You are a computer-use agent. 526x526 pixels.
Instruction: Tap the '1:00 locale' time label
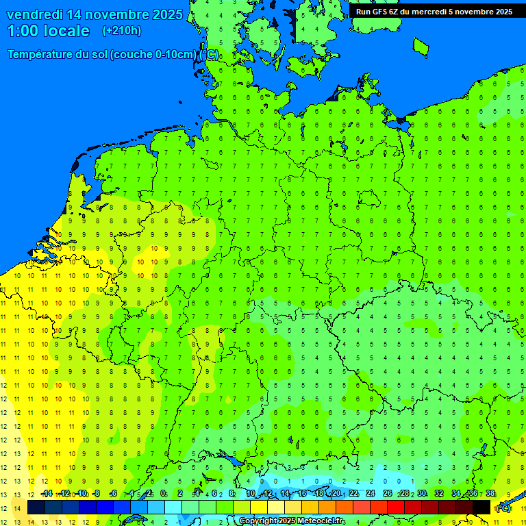[49, 31]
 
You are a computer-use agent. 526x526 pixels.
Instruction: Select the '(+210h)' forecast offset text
[121, 31]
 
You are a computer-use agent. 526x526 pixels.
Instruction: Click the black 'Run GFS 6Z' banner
[434, 11]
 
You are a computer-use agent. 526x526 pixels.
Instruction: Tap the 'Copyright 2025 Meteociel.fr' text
[292, 521]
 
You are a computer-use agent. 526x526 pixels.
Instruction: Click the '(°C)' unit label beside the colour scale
[503, 508]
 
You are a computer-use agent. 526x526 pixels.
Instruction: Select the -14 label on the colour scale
[47, 494]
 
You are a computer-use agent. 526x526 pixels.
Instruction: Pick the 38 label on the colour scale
[490, 494]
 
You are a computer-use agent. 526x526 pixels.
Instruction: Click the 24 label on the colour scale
[370, 494]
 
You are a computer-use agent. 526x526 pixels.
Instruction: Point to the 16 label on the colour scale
[302, 494]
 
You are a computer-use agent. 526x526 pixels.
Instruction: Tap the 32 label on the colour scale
[438, 494]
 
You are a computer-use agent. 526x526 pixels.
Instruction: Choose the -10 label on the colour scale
[81, 494]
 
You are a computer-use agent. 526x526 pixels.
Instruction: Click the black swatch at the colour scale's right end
[481, 508]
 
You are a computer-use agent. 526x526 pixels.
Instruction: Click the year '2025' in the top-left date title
[167, 14]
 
